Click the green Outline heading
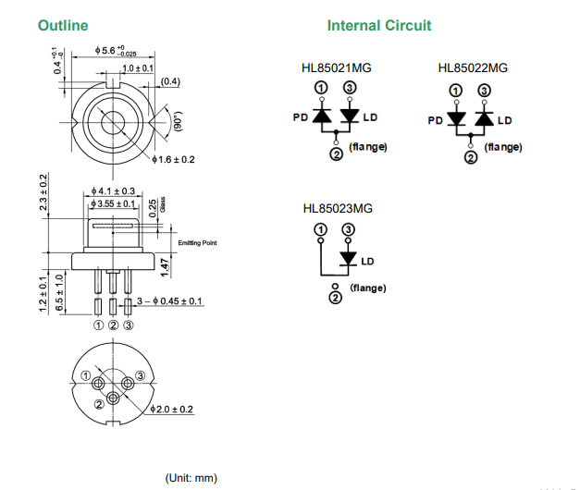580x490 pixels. tap(63, 26)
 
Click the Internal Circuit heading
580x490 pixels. tap(379, 26)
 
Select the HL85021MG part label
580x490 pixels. tap(336, 68)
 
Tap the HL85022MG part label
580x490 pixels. tap(473, 68)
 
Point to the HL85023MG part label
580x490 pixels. tap(338, 209)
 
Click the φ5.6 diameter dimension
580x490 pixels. tap(116, 51)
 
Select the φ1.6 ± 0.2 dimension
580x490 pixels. tap(173, 159)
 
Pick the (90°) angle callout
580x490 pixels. tap(179, 120)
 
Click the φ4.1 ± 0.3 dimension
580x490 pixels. tap(113, 190)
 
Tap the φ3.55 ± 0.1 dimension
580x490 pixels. tap(113, 203)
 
